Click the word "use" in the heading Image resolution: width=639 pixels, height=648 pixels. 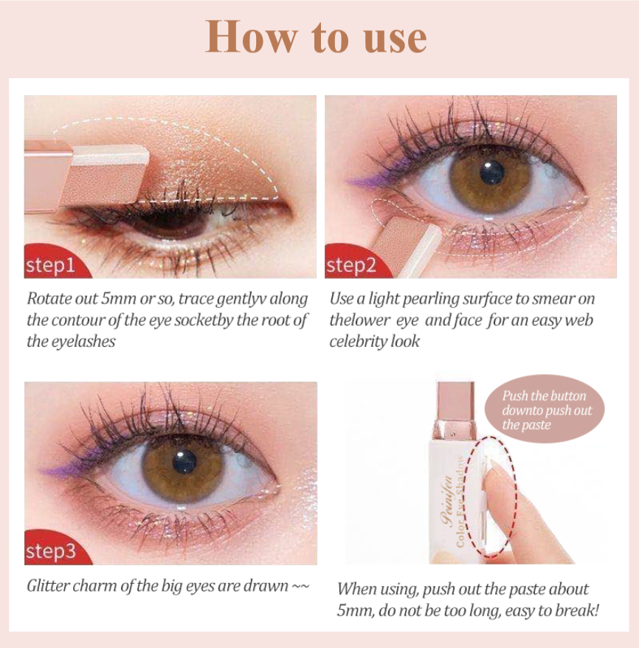click(395, 39)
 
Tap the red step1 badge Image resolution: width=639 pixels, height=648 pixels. click(55, 262)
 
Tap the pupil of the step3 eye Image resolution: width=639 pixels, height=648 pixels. click(184, 461)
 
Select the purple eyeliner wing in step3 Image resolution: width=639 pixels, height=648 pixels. click(62, 468)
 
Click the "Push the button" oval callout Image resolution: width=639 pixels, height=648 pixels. click(545, 409)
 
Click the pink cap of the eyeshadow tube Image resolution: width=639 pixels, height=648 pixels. click(455, 402)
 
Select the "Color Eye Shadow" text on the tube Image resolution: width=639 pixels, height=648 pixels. click(459, 501)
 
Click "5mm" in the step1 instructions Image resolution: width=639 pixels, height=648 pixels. click(119, 298)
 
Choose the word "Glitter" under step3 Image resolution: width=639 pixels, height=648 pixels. click(46, 586)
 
